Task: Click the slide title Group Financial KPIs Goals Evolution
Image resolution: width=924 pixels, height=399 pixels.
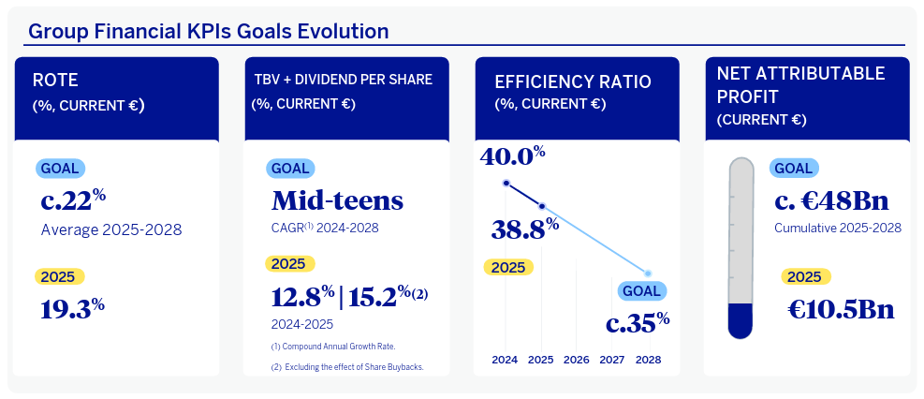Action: click(x=208, y=31)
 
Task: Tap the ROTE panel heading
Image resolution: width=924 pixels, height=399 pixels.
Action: click(x=57, y=81)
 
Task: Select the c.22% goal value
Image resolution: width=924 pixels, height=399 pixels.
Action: click(x=72, y=201)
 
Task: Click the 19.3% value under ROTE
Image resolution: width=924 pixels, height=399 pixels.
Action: click(x=71, y=308)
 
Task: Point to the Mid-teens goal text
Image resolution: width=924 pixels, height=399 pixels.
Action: click(x=337, y=200)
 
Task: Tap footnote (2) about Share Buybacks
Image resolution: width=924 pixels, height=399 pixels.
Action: click(x=346, y=367)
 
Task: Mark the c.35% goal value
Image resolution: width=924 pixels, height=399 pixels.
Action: click(x=638, y=323)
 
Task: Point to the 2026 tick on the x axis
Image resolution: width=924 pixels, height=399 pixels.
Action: click(x=577, y=360)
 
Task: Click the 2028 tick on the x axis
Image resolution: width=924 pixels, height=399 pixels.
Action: click(x=648, y=360)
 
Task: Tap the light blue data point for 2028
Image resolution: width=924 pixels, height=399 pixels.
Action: click(x=648, y=273)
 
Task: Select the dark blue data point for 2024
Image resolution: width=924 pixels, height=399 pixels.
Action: click(x=506, y=183)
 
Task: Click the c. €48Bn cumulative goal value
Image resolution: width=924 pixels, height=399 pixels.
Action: click(x=831, y=201)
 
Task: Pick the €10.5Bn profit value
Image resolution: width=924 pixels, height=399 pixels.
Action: click(x=840, y=308)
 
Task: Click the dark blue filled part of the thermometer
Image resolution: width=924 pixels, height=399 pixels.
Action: click(x=741, y=318)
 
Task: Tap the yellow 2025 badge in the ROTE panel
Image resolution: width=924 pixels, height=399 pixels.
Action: click(x=61, y=277)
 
